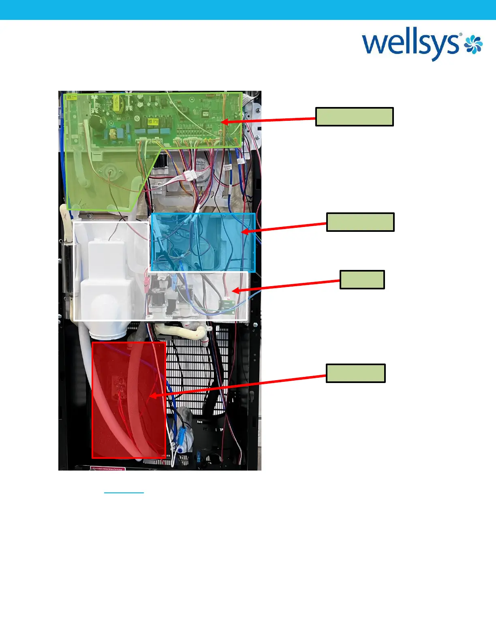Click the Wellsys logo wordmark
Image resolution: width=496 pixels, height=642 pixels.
411,45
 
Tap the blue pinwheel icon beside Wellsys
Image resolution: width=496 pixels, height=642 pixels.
473,44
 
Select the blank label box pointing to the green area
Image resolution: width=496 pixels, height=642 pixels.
354,117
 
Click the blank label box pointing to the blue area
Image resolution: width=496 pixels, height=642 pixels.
360,222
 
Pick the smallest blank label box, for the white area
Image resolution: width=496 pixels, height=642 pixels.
362,280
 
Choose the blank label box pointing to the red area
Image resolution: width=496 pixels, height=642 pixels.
356,373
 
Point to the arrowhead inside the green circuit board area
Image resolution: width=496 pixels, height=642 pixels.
224,121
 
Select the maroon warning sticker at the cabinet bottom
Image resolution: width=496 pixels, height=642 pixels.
108,468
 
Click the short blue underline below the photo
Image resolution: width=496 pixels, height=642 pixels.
124,493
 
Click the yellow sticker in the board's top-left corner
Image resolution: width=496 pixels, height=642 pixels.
71,98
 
